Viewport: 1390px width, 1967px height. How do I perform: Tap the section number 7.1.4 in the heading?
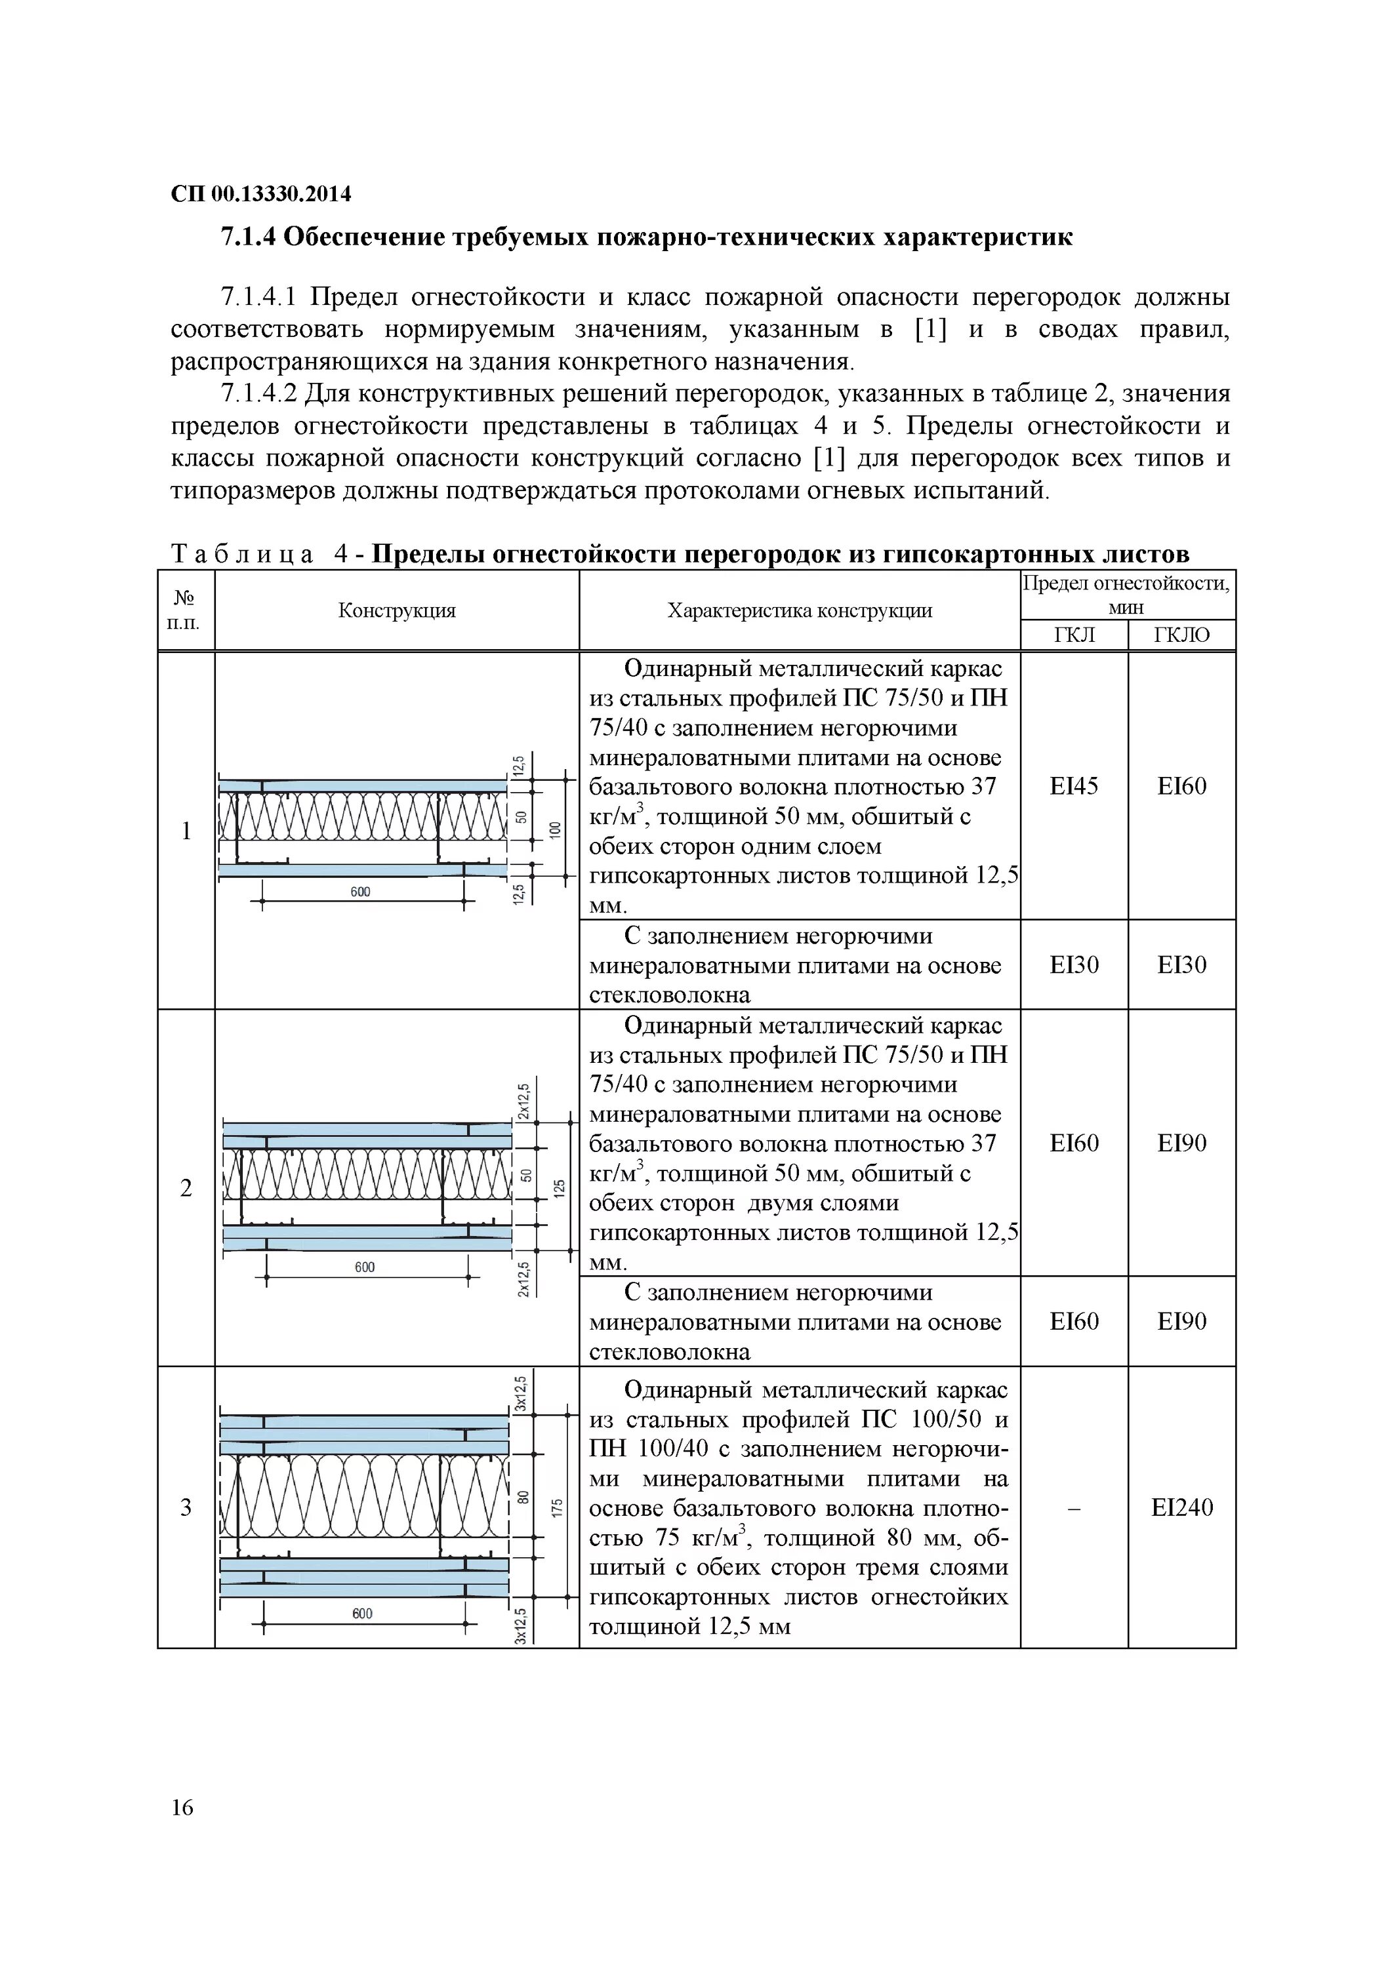[249, 237]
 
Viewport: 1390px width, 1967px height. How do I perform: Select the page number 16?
[182, 1808]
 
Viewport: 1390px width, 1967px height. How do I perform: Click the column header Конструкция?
[397, 611]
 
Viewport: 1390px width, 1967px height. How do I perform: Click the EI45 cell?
[1074, 786]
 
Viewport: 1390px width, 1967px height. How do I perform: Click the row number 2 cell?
[186, 1188]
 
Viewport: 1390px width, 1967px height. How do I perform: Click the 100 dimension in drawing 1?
[554, 829]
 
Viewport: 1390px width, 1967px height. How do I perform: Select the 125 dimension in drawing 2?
[559, 1188]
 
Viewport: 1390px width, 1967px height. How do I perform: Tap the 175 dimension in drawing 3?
[557, 1508]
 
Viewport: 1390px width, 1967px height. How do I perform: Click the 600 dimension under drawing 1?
[361, 892]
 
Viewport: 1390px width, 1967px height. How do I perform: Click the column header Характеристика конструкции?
[800, 611]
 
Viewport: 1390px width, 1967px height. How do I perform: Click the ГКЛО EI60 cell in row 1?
[1182, 786]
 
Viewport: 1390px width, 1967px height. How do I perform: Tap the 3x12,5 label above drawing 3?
[520, 1394]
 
